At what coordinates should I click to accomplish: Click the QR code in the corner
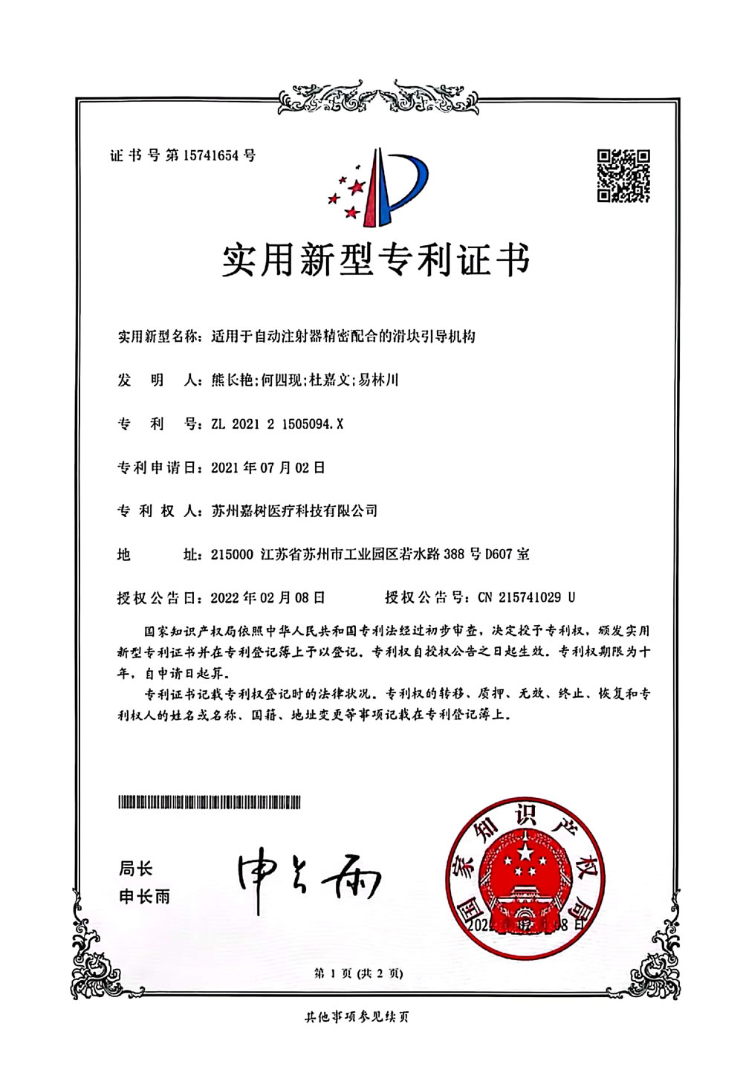[x=623, y=175]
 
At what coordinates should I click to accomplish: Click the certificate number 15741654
[x=211, y=155]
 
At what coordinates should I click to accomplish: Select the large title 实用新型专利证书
[x=376, y=259]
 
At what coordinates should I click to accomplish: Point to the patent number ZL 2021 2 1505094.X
[x=277, y=424]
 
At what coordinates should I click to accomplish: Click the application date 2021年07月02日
[x=267, y=467]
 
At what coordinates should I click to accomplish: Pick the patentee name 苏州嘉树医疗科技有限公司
[x=294, y=510]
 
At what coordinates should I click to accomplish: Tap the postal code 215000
[x=232, y=554]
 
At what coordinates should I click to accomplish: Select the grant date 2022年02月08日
[x=267, y=597]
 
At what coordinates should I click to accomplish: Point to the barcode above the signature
[x=210, y=802]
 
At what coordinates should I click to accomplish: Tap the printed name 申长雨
[x=144, y=897]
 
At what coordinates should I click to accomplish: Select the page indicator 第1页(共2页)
[x=358, y=973]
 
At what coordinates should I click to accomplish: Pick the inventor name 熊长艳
[x=233, y=380]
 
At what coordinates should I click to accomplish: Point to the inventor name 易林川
[x=378, y=380]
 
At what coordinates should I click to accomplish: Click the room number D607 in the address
[x=499, y=554]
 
